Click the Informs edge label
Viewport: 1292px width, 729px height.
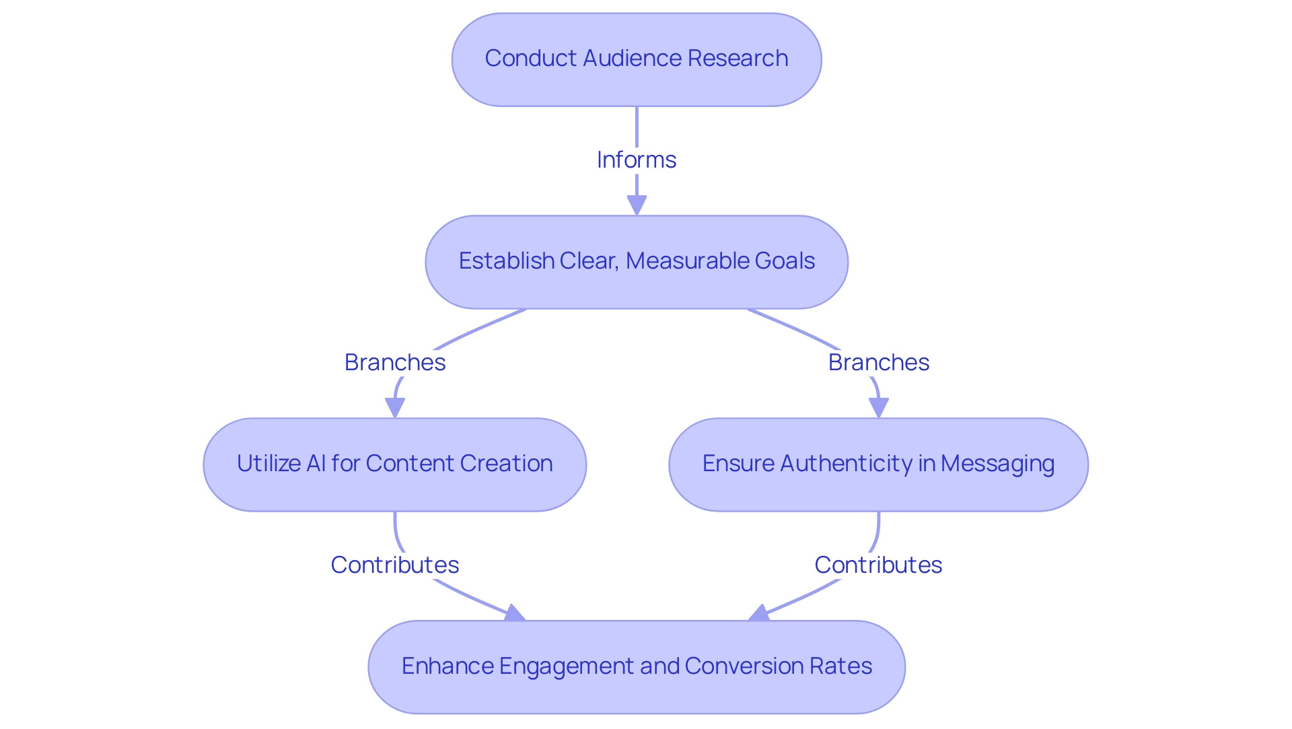pos(636,160)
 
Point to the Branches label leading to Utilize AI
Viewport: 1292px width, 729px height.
pos(395,362)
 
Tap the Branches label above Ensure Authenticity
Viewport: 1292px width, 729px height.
pos(878,362)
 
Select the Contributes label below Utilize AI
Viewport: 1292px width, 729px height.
pos(395,565)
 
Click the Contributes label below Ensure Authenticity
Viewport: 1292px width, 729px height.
pos(878,565)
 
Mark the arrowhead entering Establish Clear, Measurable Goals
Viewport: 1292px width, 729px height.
pos(637,205)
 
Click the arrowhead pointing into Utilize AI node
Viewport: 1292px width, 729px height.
pos(395,408)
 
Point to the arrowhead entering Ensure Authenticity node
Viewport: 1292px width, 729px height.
pos(878,408)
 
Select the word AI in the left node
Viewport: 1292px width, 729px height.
pos(316,464)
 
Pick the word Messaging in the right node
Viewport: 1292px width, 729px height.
pos(997,464)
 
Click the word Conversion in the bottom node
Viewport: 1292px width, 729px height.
pos(744,666)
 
